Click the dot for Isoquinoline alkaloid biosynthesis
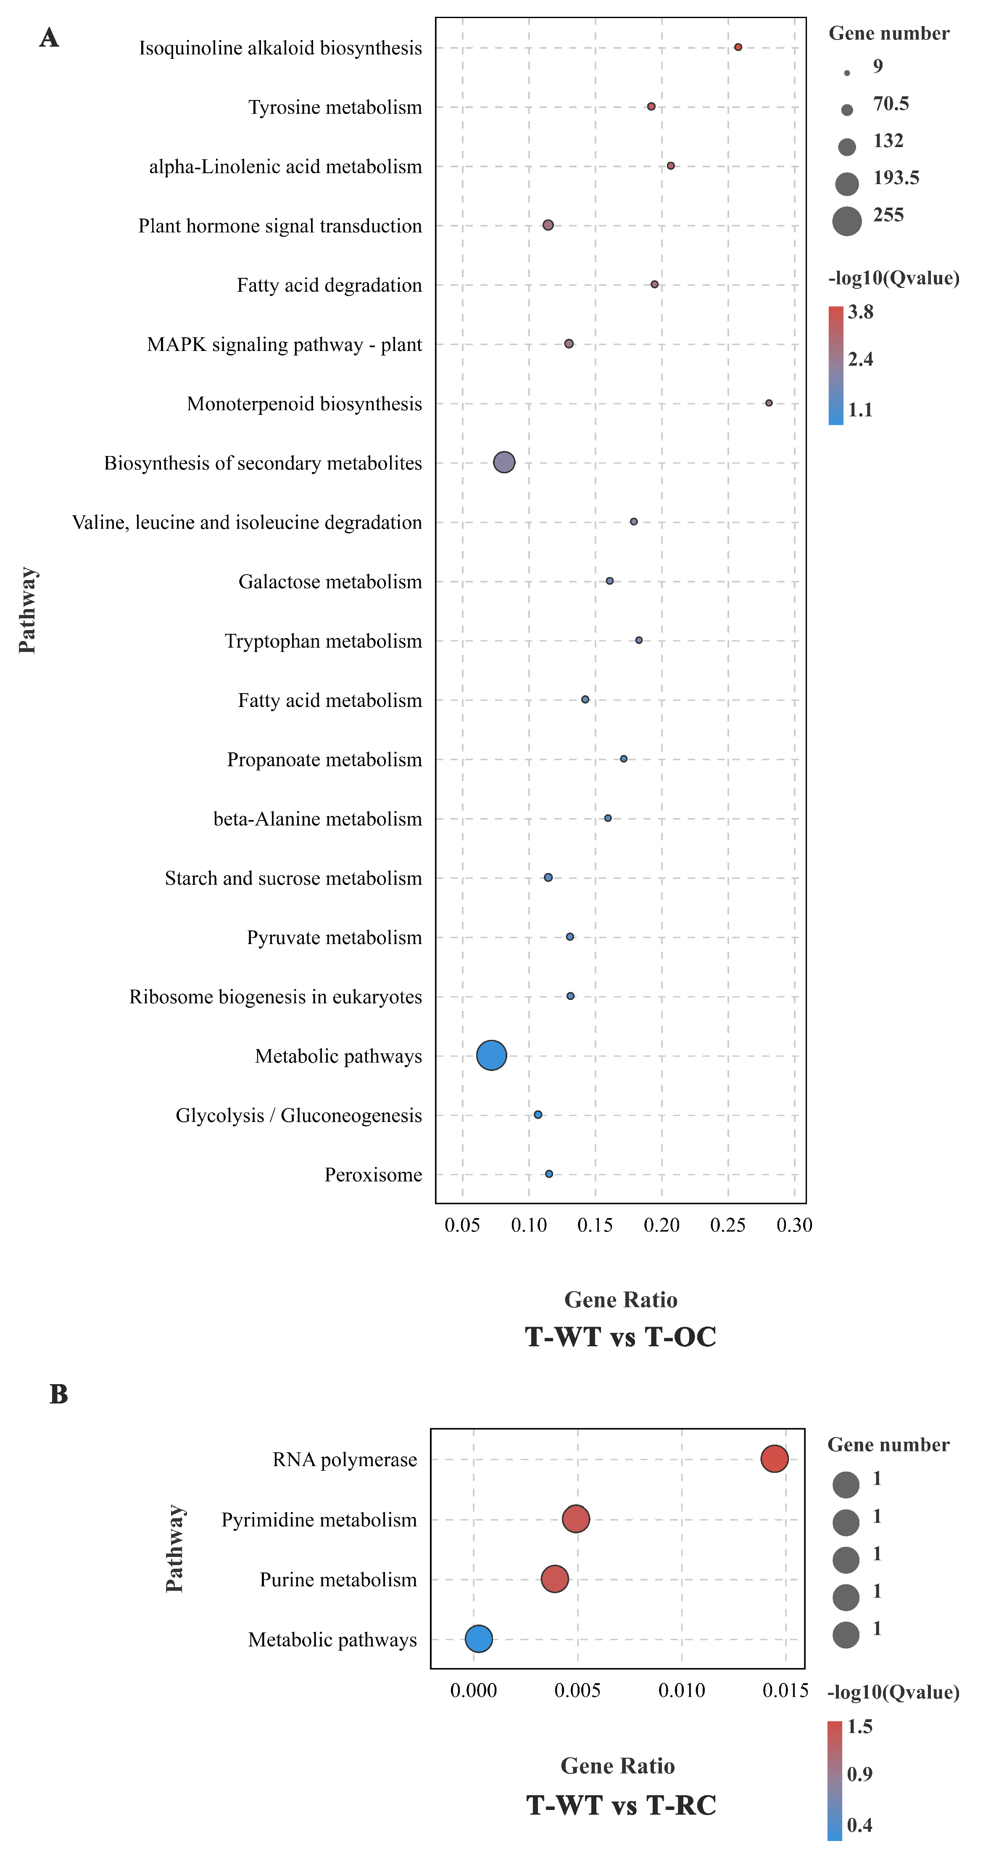738,47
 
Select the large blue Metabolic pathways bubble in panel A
492,1055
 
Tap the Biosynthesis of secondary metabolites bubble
505,462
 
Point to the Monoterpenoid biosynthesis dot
769,403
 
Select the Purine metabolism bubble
554,1578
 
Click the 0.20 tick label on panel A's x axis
661,1225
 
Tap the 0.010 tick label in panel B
681,1691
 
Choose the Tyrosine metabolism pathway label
335,107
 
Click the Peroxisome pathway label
373,1174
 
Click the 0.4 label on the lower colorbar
859,1825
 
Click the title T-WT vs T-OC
620,1337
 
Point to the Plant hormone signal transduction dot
548,225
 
